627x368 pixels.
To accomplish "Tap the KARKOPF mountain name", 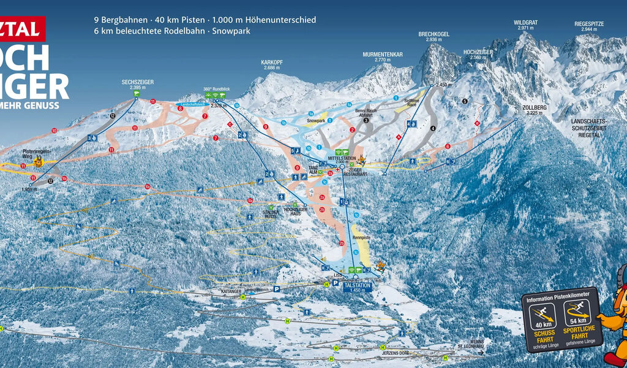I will point(271,62).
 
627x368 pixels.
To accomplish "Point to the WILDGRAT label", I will point(526,23).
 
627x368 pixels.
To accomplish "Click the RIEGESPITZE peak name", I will point(589,23).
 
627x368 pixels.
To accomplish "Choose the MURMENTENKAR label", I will point(382,54).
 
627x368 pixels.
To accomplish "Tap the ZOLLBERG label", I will point(535,107).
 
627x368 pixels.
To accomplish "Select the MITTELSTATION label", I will point(342,158).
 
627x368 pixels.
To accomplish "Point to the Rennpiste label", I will point(362,237).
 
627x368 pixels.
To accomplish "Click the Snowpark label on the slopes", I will point(316,121).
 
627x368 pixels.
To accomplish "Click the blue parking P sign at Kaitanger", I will point(277,288).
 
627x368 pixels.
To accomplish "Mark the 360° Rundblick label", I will point(217,89).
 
